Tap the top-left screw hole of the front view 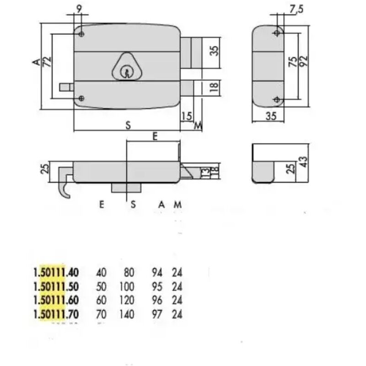pyautogui.click(x=81, y=34)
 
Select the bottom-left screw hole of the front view pyautogui.click(x=81, y=98)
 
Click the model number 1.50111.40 pyautogui.click(x=56, y=273)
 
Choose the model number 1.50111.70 pyautogui.click(x=56, y=314)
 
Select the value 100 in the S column pyautogui.click(x=127, y=287)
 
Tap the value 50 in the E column pyautogui.click(x=101, y=287)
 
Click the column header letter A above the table pyautogui.click(x=161, y=205)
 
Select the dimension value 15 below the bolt pyautogui.click(x=186, y=116)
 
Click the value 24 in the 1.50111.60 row pyautogui.click(x=177, y=301)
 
